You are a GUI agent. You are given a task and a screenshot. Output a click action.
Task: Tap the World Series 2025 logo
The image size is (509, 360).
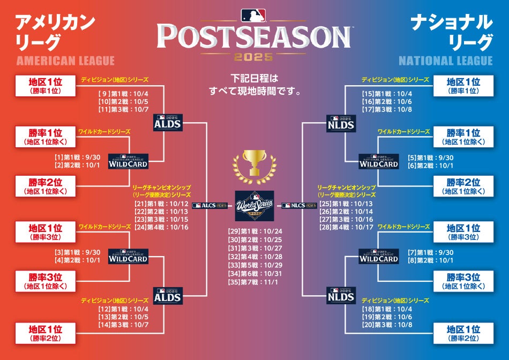click(254, 206)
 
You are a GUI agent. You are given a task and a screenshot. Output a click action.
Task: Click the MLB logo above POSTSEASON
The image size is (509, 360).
click(253, 15)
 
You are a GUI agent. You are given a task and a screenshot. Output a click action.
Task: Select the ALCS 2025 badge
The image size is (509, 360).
click(209, 206)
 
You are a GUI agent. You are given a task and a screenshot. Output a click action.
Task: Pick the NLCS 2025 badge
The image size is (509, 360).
click(299, 206)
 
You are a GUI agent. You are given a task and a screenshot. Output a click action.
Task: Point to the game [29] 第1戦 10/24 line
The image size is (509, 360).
click(255, 231)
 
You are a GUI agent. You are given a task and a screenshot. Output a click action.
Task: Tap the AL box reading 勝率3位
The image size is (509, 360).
click(46, 281)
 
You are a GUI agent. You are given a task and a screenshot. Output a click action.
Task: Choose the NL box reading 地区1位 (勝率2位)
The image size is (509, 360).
click(463, 333)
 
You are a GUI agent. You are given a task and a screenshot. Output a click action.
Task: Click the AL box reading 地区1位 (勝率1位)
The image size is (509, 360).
click(46, 86)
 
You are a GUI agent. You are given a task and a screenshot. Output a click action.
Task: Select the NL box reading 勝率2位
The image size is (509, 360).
click(463, 186)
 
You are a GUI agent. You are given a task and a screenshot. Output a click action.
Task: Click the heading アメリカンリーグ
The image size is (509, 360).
click(55, 32)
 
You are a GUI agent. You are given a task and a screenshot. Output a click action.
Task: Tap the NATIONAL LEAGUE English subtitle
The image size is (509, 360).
click(446, 61)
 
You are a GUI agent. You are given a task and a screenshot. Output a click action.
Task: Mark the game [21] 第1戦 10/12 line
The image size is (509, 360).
click(161, 204)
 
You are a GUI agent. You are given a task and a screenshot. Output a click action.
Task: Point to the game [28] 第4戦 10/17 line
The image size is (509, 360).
click(346, 227)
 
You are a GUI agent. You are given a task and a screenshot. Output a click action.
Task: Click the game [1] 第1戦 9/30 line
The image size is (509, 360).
click(77, 157)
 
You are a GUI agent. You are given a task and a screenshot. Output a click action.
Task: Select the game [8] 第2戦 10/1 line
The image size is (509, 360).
click(430, 260)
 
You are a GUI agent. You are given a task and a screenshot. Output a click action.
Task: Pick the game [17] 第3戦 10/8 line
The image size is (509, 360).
click(387, 109)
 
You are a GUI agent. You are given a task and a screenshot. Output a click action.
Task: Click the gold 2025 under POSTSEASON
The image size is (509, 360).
click(253, 57)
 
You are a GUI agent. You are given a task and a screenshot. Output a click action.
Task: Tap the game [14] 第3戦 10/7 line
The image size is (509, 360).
click(123, 325)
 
